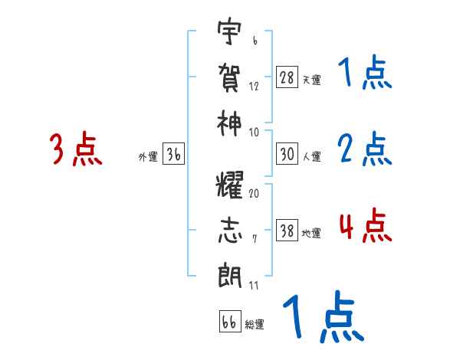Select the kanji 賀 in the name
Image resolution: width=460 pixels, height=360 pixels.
(x=229, y=77)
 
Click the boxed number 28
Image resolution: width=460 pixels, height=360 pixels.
(x=287, y=78)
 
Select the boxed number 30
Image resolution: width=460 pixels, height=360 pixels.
(x=287, y=155)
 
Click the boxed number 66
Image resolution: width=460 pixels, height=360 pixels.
(x=229, y=322)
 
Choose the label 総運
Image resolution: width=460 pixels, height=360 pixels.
(x=254, y=324)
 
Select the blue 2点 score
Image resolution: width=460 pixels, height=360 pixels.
(x=364, y=149)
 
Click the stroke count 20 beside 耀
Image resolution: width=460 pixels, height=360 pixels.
(x=254, y=194)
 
